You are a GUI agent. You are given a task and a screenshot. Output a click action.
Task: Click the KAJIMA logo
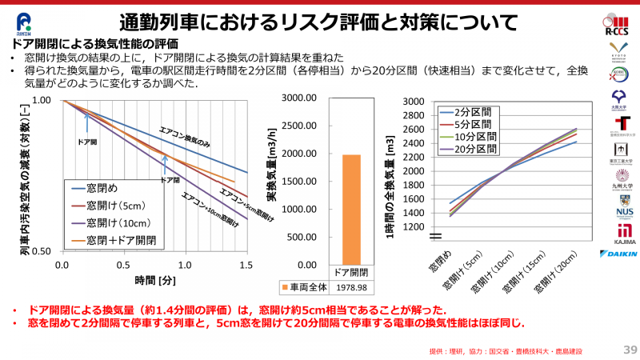coord(618,232)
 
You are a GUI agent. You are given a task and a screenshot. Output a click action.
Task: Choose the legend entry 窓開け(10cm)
coord(121,222)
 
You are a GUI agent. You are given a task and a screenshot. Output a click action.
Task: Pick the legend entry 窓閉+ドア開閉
coord(121,238)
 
